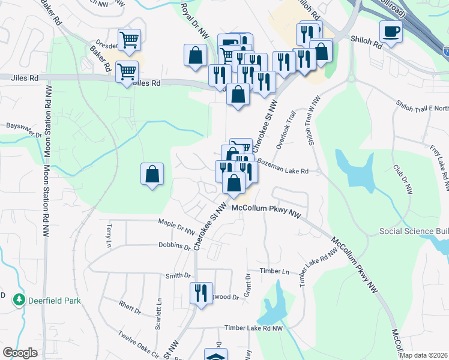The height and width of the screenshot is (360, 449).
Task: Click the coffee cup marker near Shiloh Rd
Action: [x=391, y=31]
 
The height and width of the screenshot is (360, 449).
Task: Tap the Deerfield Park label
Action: [x=53, y=299]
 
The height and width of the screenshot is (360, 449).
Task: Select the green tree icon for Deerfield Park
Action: [x=19, y=299]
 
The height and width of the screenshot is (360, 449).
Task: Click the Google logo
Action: [x=20, y=353]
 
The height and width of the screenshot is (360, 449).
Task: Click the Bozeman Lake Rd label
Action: [x=283, y=171]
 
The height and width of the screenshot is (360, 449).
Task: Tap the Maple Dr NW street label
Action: [x=176, y=227]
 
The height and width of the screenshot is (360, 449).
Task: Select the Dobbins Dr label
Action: [x=175, y=246]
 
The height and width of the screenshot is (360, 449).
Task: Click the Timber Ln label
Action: [x=275, y=271]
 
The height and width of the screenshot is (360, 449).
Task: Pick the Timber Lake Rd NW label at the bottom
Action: [x=253, y=328]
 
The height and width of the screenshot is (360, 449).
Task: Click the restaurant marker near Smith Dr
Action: [x=200, y=292]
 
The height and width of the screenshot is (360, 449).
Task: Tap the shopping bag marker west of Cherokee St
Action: [x=152, y=174]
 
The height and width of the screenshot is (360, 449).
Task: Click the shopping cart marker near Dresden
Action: [x=130, y=40]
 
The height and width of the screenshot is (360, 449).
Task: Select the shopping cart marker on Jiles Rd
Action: [x=127, y=71]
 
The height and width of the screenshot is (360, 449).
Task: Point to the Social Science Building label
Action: [x=414, y=232]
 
